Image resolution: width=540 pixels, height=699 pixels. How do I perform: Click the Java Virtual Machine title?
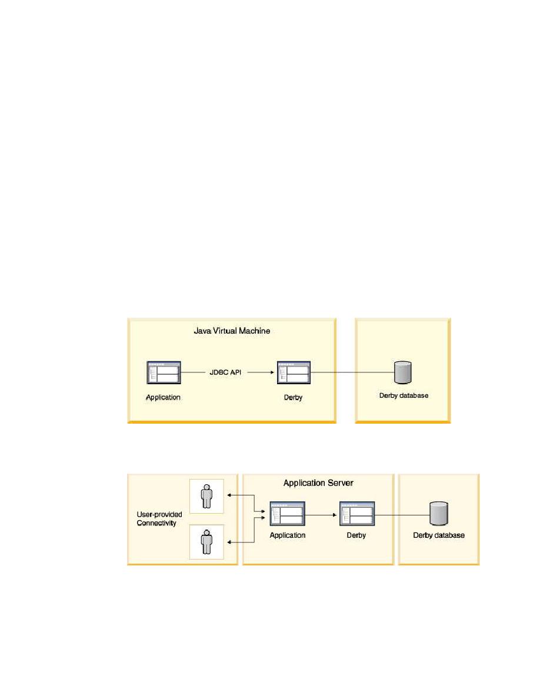[x=232, y=331]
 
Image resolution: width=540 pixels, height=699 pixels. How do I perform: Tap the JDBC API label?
[x=225, y=372]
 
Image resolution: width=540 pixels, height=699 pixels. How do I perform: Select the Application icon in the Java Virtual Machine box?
[x=164, y=372]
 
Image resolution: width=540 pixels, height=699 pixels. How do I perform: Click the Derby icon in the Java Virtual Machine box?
[x=294, y=372]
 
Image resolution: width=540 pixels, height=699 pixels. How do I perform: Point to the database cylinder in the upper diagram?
[x=403, y=372]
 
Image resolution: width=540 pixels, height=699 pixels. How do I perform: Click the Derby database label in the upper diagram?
[x=404, y=395]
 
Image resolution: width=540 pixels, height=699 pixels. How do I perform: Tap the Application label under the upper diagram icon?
[x=163, y=397]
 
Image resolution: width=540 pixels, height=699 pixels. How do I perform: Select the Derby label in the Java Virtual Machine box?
[x=293, y=397]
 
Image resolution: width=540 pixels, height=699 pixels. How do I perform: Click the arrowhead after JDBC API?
[x=272, y=372]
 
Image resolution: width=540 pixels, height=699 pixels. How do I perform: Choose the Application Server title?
[x=318, y=483]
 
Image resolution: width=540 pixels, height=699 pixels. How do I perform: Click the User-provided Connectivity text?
[x=159, y=518]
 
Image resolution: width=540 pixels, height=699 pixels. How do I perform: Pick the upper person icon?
[x=206, y=496]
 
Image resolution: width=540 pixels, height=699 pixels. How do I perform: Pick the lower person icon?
[x=206, y=542]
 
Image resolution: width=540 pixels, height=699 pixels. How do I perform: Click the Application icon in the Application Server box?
[x=288, y=514]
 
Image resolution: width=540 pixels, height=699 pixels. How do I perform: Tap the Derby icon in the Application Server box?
[x=357, y=514]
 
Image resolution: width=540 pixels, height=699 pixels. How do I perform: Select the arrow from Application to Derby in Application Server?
[x=321, y=515]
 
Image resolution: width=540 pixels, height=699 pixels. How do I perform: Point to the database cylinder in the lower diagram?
[x=438, y=514]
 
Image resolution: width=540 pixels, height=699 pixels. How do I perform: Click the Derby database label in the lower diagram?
[x=438, y=535]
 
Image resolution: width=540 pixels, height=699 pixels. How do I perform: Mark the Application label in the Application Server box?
[x=288, y=535]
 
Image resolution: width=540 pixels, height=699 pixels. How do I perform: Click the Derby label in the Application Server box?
[x=356, y=535]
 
